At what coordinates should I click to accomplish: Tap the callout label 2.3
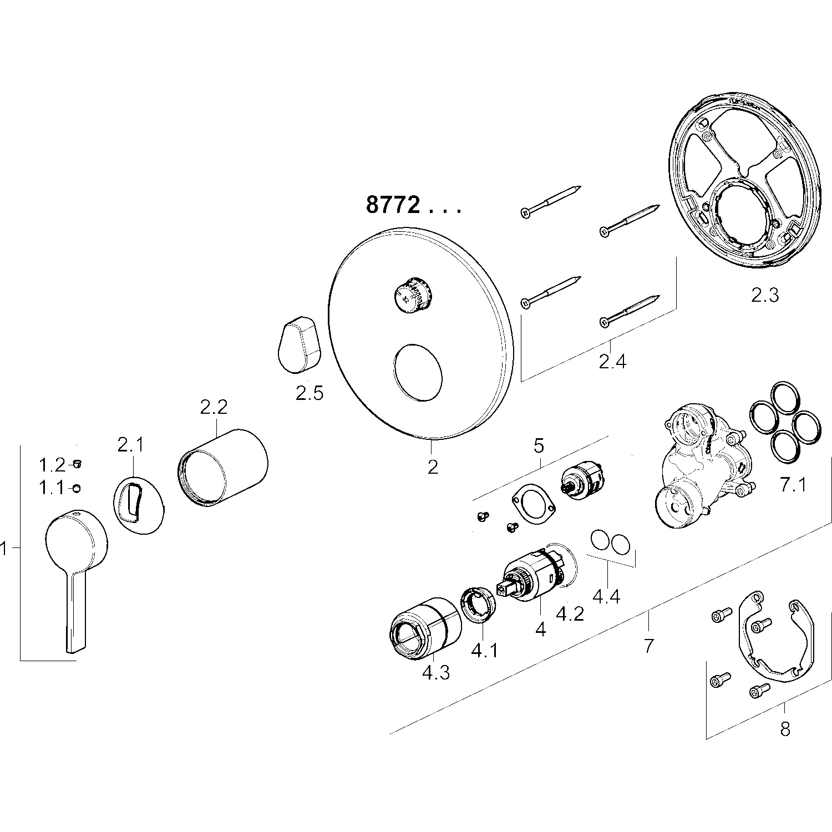[765, 296]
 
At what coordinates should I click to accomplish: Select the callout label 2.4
[612, 362]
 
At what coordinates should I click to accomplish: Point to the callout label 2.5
[309, 393]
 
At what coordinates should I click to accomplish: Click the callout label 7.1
[793, 485]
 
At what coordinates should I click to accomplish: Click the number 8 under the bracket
[785, 728]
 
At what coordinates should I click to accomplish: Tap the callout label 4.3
[435, 672]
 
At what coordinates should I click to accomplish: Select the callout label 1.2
[52, 464]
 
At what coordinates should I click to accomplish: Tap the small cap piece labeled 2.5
[300, 344]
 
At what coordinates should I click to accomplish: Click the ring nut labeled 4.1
[479, 604]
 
